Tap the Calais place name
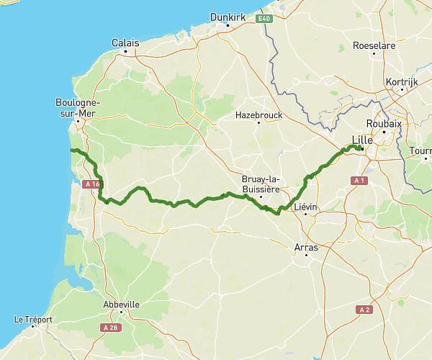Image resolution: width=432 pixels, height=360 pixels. click(x=125, y=43)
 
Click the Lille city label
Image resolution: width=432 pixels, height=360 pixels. click(x=362, y=140)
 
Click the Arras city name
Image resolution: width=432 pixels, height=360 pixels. click(x=306, y=247)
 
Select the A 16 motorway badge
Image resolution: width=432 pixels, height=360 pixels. click(x=91, y=185)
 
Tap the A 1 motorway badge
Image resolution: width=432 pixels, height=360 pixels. click(x=361, y=180)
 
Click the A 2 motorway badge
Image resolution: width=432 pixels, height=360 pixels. click(x=364, y=310)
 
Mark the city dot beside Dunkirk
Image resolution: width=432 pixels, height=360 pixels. click(x=228, y=26)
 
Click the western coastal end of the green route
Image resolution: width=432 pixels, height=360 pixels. click(x=71, y=150)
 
